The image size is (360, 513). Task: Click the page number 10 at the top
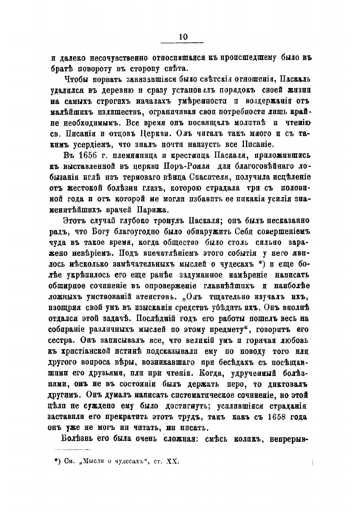pyautogui.click(x=183, y=37)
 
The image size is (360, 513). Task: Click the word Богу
pyautogui.click(x=103, y=232)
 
